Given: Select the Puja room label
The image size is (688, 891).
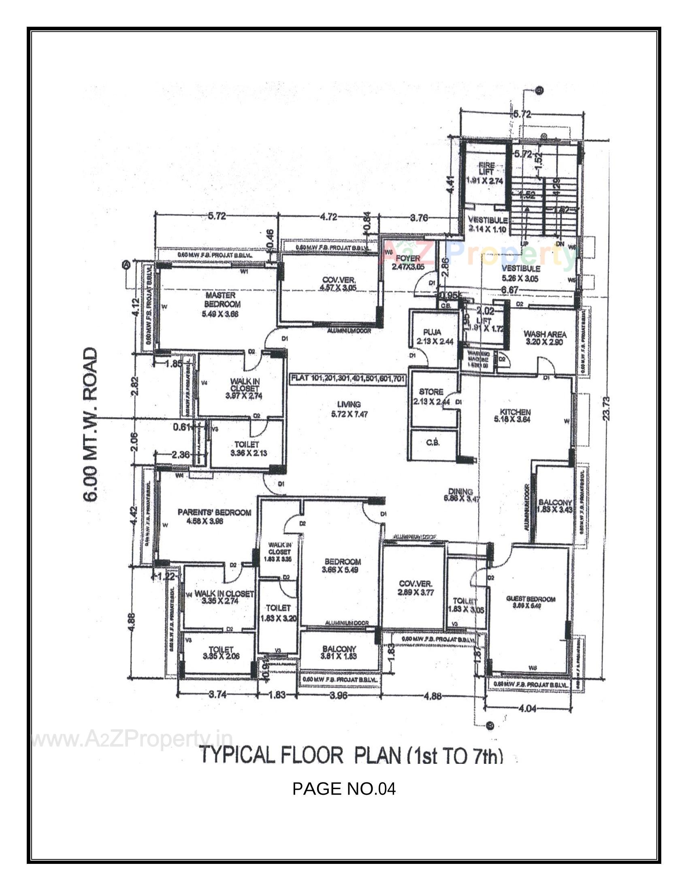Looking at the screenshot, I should (x=432, y=333).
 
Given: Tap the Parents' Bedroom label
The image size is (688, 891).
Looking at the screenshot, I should (x=214, y=512).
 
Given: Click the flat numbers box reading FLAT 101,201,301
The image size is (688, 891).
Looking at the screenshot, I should (x=347, y=379).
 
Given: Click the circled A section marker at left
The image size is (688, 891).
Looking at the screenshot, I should (x=126, y=265).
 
